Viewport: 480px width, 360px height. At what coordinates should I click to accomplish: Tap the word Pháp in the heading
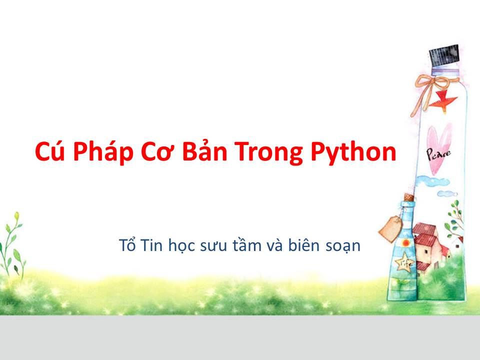(x=103, y=151)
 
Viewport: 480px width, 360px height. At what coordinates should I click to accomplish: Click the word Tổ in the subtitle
(x=127, y=244)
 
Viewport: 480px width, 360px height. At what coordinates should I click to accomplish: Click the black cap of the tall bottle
(x=444, y=55)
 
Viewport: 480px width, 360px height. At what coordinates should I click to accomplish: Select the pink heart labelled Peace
(x=439, y=149)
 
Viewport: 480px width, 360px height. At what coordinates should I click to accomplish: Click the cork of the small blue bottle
(x=408, y=197)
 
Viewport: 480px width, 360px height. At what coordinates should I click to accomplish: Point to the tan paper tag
(x=391, y=228)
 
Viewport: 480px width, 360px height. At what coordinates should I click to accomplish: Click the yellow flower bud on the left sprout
(x=17, y=216)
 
